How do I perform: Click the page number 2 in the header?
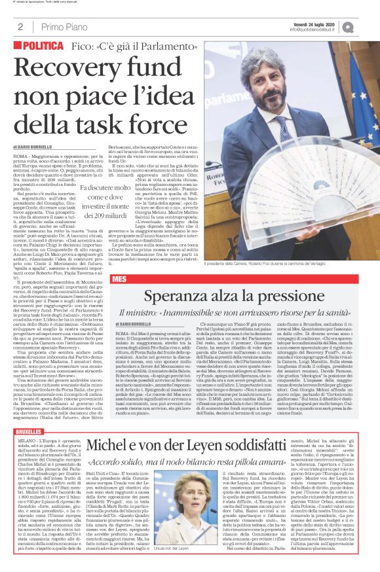(x=20, y=27)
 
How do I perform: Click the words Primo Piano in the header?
(x=62, y=27)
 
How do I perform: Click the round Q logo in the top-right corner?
(x=365, y=27)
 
